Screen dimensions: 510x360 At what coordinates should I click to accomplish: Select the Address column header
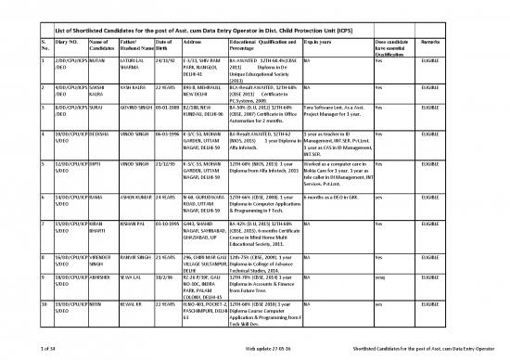(x=198, y=45)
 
